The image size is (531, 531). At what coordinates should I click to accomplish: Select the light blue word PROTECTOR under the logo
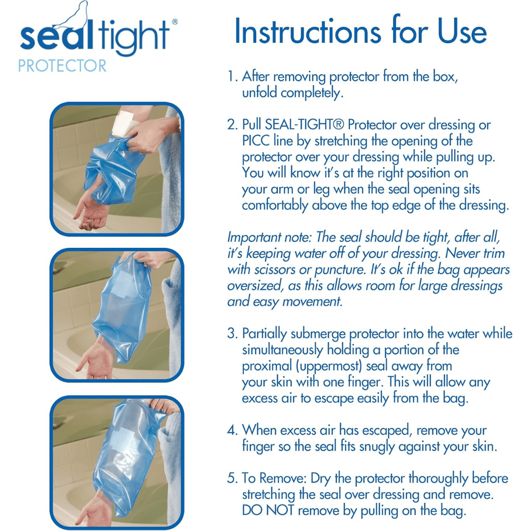point(62,65)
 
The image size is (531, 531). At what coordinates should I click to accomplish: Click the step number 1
point(232,77)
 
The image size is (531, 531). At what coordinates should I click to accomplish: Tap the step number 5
point(232,478)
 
